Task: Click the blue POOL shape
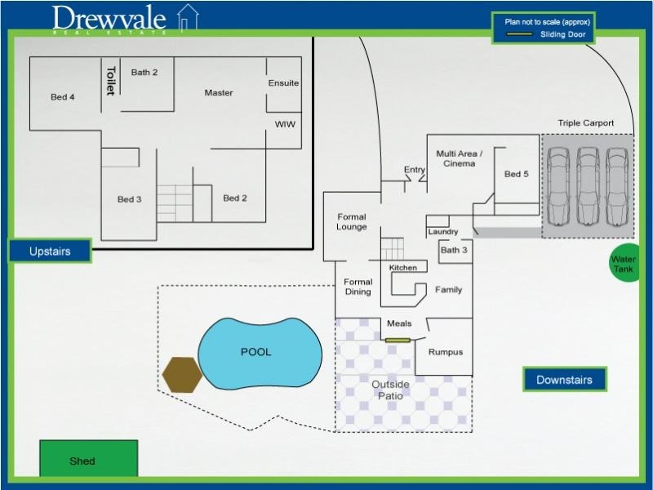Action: point(260,353)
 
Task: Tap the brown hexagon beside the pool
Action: point(182,375)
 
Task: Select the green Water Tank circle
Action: point(624,262)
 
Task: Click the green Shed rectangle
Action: point(89,458)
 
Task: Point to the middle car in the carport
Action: point(588,186)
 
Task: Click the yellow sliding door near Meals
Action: point(398,341)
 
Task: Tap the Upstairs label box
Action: point(50,251)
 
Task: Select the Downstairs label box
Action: point(565,380)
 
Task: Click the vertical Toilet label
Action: point(111,80)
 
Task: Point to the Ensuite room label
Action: point(283,83)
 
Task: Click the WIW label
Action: point(285,124)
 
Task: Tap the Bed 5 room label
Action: point(517,174)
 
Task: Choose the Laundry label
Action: point(443,232)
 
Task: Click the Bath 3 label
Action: point(454,250)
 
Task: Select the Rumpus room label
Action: point(446,352)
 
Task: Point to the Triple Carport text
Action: point(586,123)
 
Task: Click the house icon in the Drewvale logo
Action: point(188,17)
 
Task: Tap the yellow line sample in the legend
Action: point(519,34)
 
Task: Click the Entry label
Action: point(415,170)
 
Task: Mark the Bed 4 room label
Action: point(63,97)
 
